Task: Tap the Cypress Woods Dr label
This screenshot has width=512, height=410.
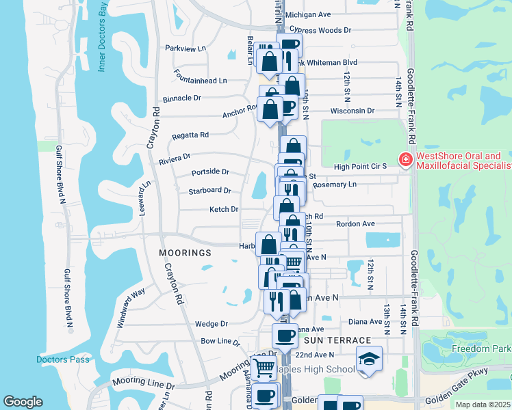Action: (x=320, y=30)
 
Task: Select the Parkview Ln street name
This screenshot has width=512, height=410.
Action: (x=185, y=49)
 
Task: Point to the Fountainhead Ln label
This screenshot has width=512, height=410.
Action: (x=200, y=81)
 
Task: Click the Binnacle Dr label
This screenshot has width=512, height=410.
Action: (x=182, y=98)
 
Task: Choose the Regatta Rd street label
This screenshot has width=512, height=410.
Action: (x=190, y=135)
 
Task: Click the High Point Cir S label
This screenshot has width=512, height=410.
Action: (x=361, y=167)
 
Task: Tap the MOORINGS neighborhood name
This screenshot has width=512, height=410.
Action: (x=185, y=253)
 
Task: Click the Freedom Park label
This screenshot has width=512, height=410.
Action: (x=481, y=348)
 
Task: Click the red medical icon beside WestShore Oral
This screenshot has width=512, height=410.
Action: (x=405, y=160)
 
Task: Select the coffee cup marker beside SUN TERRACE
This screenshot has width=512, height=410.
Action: (x=285, y=335)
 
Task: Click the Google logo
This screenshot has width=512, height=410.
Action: (x=23, y=402)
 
